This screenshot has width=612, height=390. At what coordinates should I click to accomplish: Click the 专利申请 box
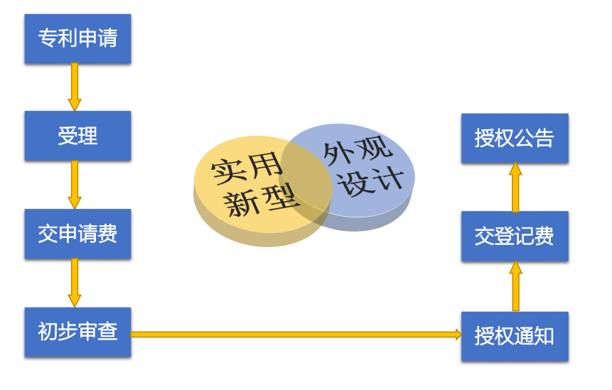pyautogui.click(x=77, y=38)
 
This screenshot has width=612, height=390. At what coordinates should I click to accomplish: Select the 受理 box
pyautogui.click(x=77, y=136)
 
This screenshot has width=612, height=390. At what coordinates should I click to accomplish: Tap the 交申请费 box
pyautogui.click(x=77, y=234)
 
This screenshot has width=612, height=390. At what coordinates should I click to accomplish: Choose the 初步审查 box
pyautogui.click(x=77, y=332)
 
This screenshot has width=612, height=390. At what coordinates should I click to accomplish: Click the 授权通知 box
pyautogui.click(x=515, y=335)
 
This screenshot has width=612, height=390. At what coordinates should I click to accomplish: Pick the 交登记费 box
pyautogui.click(x=515, y=236)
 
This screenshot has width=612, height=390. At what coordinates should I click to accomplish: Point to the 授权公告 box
pyautogui.click(x=515, y=138)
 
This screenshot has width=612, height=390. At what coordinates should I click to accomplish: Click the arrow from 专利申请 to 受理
pyautogui.click(x=74, y=87)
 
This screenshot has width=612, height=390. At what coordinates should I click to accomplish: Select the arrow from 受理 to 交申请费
pyautogui.click(x=74, y=185)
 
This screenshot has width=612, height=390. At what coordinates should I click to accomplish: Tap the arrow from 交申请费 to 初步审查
pyautogui.click(x=74, y=283)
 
